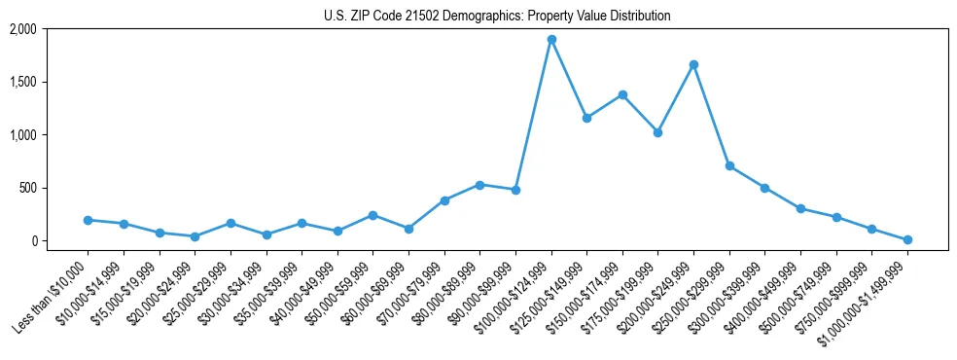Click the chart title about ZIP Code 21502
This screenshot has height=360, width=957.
coord(497,16)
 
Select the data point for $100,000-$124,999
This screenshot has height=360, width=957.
coord(551,40)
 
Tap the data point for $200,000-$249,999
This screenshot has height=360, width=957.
coord(693,64)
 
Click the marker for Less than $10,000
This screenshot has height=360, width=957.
coord(88,220)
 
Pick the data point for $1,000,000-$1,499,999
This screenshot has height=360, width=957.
coord(907,239)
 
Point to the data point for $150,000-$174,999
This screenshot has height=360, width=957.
coord(622,94)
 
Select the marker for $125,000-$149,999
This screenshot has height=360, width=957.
coord(586,118)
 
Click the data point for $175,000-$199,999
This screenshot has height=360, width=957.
coord(658,132)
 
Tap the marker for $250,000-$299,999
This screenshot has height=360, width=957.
coord(729,166)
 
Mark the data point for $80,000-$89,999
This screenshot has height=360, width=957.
coord(479,185)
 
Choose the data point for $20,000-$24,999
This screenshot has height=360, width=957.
coord(195,236)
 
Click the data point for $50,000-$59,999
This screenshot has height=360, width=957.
coord(372,215)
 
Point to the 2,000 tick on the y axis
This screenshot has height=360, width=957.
coord(23,29)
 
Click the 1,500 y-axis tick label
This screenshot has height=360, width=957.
coord(23,82)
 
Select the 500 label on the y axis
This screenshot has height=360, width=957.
coord(28,188)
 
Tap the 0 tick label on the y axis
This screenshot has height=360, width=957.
coord(33,240)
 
